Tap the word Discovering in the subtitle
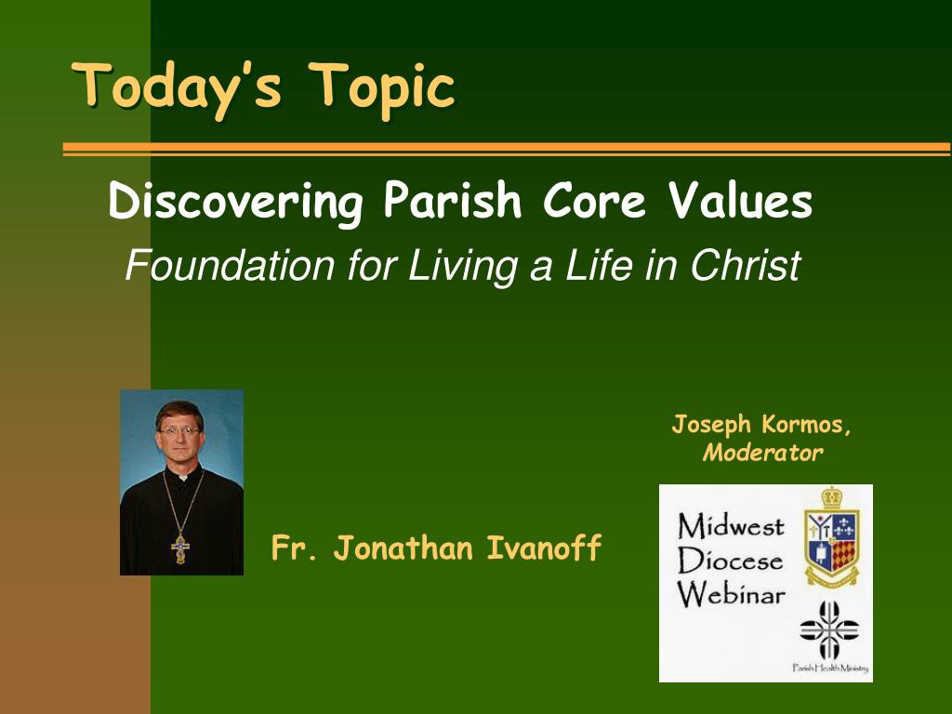[235, 202]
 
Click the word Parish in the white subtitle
[453, 200]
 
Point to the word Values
[741, 200]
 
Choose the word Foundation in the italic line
[231, 265]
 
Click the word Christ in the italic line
[745, 265]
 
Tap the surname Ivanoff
[544, 547]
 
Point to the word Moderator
[762, 453]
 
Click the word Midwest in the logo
[731, 526]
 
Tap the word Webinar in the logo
[731, 594]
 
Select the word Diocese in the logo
[730, 560]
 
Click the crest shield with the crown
[832, 536]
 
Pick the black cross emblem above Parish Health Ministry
[829, 629]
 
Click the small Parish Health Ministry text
[830, 668]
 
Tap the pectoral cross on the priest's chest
[180, 549]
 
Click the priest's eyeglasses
[178, 431]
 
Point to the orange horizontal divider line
[507, 149]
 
